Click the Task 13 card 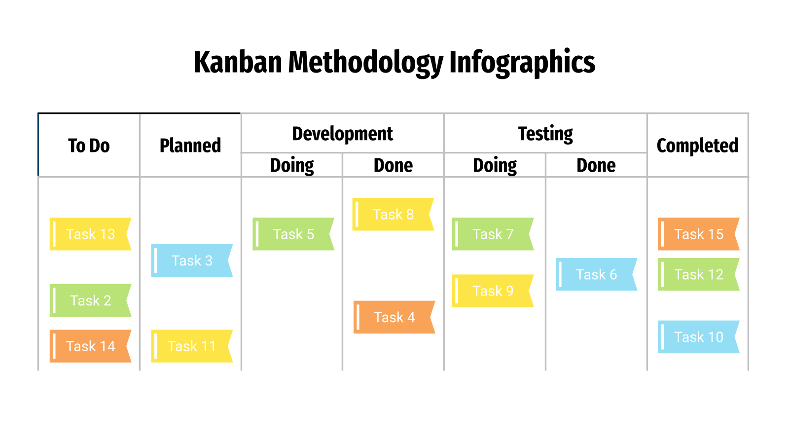point(90,234)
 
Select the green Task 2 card point(90,300)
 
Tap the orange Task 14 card point(90,346)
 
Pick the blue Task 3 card point(191,260)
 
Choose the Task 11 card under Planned point(191,346)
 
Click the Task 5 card point(293,234)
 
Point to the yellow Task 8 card point(393,215)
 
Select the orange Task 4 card point(394,317)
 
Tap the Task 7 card point(493,234)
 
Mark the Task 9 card point(493,291)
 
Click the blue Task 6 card point(596,274)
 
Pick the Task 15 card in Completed point(698,234)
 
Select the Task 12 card point(698,274)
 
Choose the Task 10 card point(698,337)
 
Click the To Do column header point(89,146)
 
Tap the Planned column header point(190,146)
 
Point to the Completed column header point(697,146)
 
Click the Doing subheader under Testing point(495,165)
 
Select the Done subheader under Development point(393,165)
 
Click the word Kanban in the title point(238,63)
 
